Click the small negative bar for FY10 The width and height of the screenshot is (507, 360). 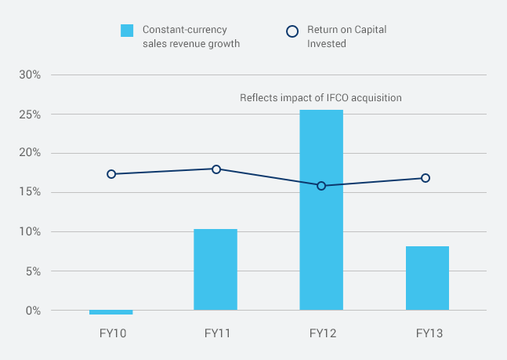tap(110, 312)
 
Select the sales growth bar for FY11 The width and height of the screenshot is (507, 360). tap(215, 269)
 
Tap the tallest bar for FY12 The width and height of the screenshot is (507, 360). tap(321, 209)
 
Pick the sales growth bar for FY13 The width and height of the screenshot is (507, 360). tap(427, 278)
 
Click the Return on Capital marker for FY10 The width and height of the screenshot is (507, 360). tap(111, 174)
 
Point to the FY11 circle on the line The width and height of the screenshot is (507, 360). tap(216, 169)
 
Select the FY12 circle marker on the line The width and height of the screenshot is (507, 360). tap(321, 186)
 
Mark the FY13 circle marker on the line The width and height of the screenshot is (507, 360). tap(426, 178)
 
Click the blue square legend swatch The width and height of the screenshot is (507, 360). tap(127, 31)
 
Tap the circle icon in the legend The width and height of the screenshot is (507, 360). tap(292, 31)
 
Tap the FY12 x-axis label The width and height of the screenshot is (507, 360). tap(321, 333)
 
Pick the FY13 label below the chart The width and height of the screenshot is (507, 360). tap(429, 333)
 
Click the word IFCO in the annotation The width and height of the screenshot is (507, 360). tap(342, 98)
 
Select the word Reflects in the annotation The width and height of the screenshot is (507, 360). tap(258, 98)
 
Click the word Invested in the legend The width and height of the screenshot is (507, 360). tap(326, 44)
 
